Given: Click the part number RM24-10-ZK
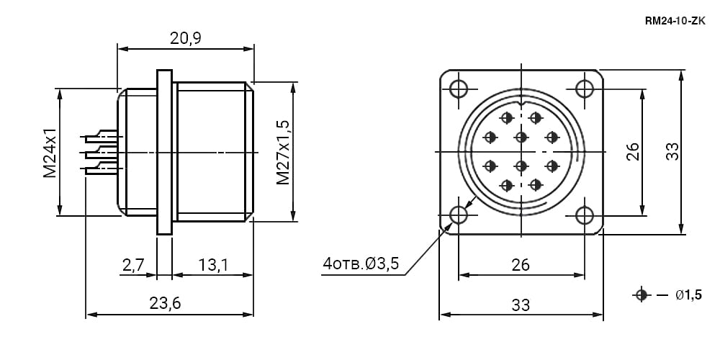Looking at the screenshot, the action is click(x=675, y=22).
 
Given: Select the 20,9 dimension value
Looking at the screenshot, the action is click(x=186, y=39).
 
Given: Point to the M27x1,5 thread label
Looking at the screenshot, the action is click(x=283, y=152).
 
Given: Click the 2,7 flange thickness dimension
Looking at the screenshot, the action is click(x=133, y=265).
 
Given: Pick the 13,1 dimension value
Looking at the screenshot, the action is click(x=214, y=265).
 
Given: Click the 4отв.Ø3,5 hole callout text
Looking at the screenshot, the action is click(x=361, y=264).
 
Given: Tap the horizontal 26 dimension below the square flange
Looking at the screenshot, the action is click(x=521, y=265).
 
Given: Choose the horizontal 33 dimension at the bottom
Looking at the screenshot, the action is click(x=521, y=305).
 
